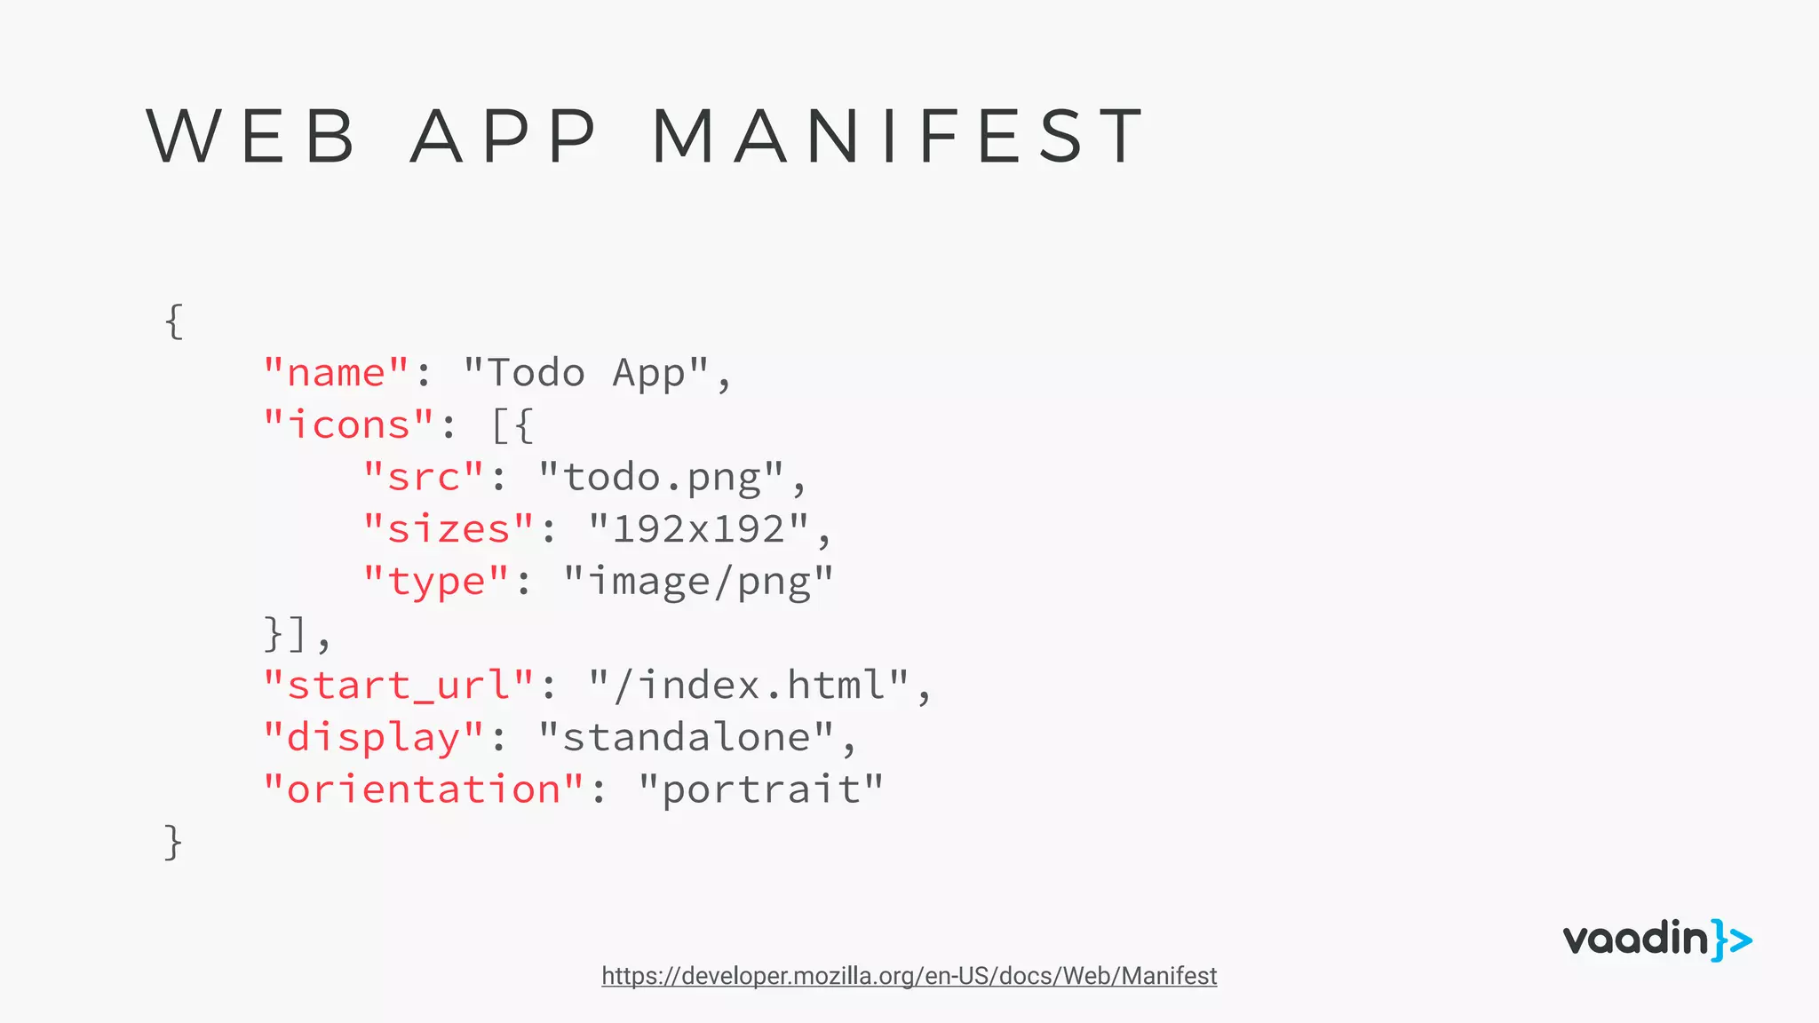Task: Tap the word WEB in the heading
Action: click(251, 136)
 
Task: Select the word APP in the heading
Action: click(504, 136)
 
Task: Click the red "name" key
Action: click(336, 373)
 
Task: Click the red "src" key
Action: click(424, 478)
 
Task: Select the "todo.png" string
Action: click(662, 478)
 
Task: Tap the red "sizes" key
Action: click(449, 529)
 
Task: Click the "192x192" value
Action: click(699, 529)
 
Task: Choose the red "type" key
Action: click(436, 582)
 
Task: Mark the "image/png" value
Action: click(699, 582)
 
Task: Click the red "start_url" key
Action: click(399, 686)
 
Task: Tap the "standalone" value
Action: click(687, 738)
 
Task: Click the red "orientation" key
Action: click(424, 789)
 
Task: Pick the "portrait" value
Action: click(761, 789)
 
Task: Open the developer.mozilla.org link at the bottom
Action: click(909, 976)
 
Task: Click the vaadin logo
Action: click(1657, 940)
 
